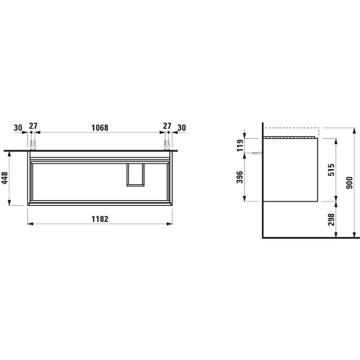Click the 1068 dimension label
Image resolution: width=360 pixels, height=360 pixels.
(100, 127)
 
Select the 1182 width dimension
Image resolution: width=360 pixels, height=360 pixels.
(100, 219)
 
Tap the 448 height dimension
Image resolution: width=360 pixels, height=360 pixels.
(5, 178)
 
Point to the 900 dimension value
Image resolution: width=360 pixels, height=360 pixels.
(350, 183)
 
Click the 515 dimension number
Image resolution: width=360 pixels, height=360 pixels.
(331, 170)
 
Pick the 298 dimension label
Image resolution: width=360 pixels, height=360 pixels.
(331, 220)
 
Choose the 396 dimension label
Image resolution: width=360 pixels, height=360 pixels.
(240, 177)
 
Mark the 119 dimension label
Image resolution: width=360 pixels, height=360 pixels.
(240, 145)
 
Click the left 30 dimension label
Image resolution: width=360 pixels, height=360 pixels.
(18, 128)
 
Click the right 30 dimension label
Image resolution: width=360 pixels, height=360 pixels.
(181, 128)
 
